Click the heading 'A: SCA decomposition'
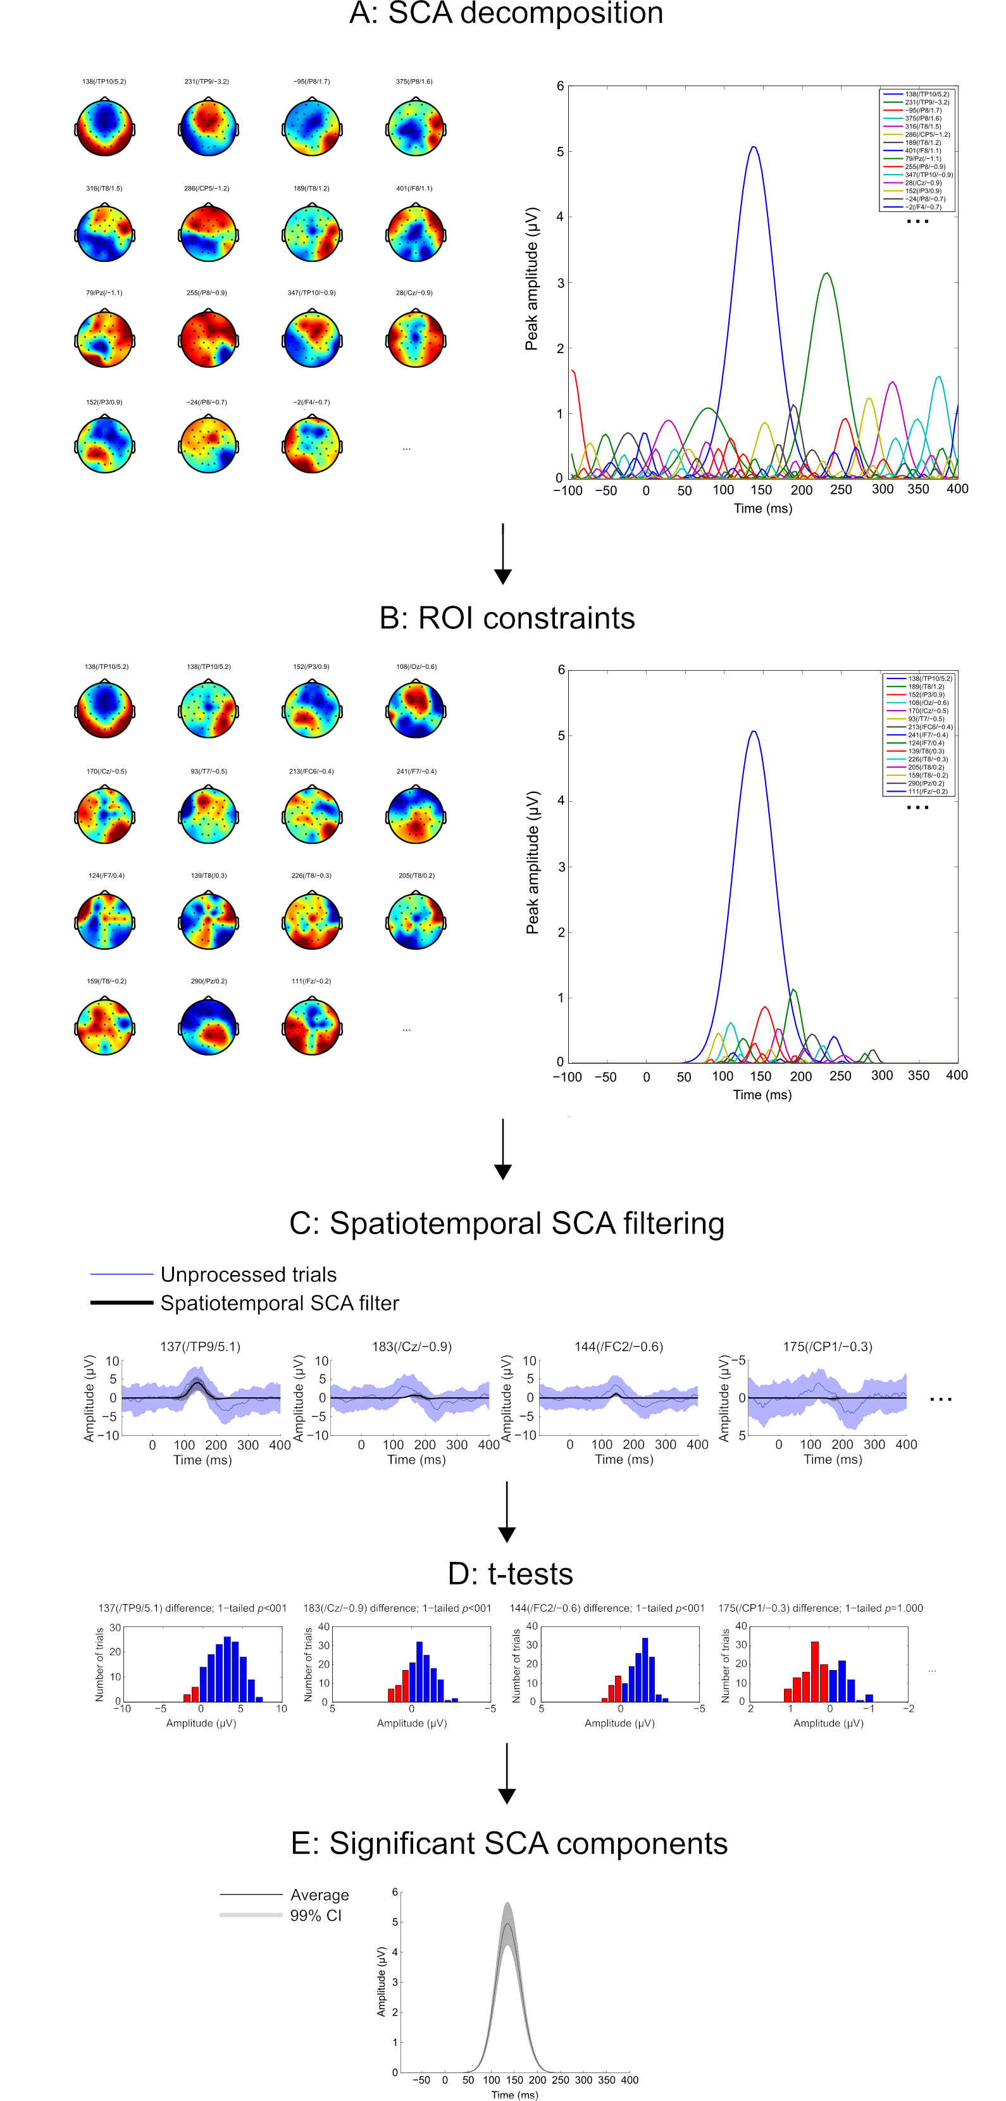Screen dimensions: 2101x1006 [x=506, y=14]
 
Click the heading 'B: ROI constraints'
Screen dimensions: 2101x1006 [x=506, y=618]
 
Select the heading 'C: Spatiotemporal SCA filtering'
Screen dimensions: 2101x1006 [x=506, y=1223]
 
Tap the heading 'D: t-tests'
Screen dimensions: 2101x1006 [x=511, y=1573]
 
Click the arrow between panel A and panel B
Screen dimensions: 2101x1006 [x=503, y=554]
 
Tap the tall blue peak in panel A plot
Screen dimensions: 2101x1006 [x=754, y=149]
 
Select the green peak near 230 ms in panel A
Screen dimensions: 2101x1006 [x=827, y=274]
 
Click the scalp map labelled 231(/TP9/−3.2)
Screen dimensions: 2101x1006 [x=208, y=127]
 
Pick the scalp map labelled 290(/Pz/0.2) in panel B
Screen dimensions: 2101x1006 [x=208, y=1026]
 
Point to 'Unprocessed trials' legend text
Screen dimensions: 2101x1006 [x=248, y=1274]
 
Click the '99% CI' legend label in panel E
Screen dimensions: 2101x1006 [x=316, y=1915]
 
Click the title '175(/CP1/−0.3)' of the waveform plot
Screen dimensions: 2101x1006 [x=827, y=1347]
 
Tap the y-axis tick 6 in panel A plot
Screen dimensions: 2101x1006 [x=560, y=87]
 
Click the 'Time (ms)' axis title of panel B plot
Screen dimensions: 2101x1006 [x=761, y=1095]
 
